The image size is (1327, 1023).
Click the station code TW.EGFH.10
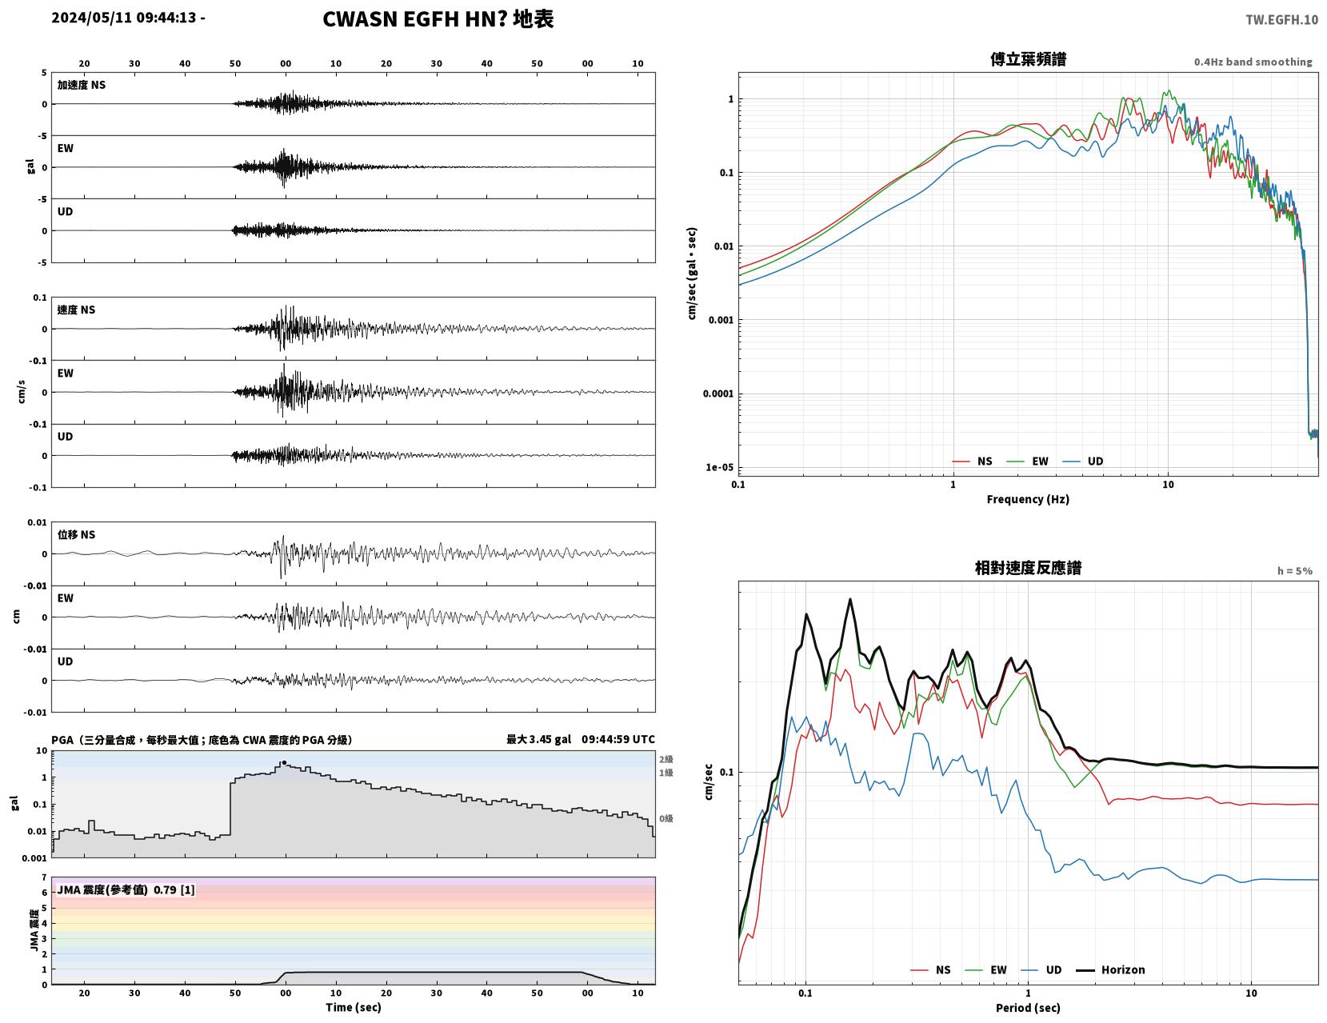[x=1281, y=19]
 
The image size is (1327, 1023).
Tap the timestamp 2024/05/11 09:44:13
[x=124, y=17]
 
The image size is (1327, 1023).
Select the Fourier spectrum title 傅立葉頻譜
[x=1028, y=59]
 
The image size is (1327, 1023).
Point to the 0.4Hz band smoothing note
[x=1253, y=62]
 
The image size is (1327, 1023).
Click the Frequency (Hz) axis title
[x=1028, y=499]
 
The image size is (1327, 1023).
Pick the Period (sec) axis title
[x=1028, y=1008]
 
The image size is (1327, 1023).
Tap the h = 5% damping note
[x=1295, y=571]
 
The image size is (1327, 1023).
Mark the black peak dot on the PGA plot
[x=284, y=763]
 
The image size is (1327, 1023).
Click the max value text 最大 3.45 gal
[x=538, y=739]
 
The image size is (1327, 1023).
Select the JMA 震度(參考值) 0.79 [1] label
[x=126, y=889]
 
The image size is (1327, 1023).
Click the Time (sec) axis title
[x=353, y=1007]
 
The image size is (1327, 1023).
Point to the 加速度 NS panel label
[x=82, y=85]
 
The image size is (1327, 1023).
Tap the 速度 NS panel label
[x=76, y=310]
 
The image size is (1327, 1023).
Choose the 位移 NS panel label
[x=76, y=534]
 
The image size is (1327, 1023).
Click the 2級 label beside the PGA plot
[x=665, y=759]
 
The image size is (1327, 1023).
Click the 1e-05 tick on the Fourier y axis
[x=719, y=468]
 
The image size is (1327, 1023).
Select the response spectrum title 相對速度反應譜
[x=1028, y=568]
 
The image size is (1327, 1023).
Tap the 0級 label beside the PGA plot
[x=665, y=818]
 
